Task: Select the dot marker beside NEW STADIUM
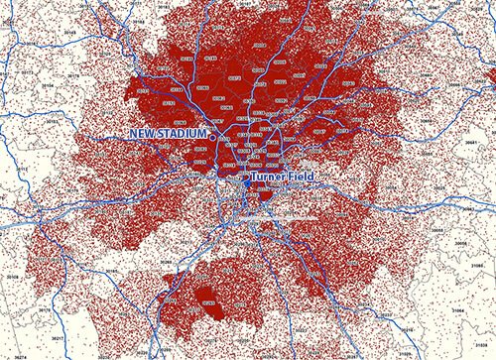[211, 133]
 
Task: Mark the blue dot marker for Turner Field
[246, 180]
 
